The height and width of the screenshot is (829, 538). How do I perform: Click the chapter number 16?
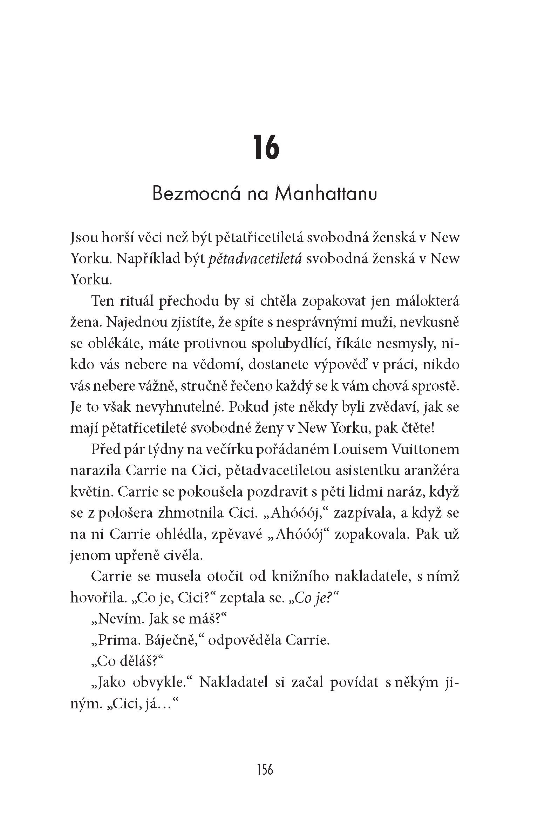[266, 147]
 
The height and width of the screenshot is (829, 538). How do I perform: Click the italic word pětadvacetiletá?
[255, 259]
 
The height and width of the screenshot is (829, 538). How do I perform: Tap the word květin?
[91, 492]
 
